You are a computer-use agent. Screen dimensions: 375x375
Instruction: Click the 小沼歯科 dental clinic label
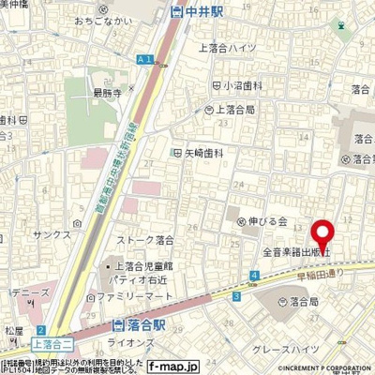point(235,85)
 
